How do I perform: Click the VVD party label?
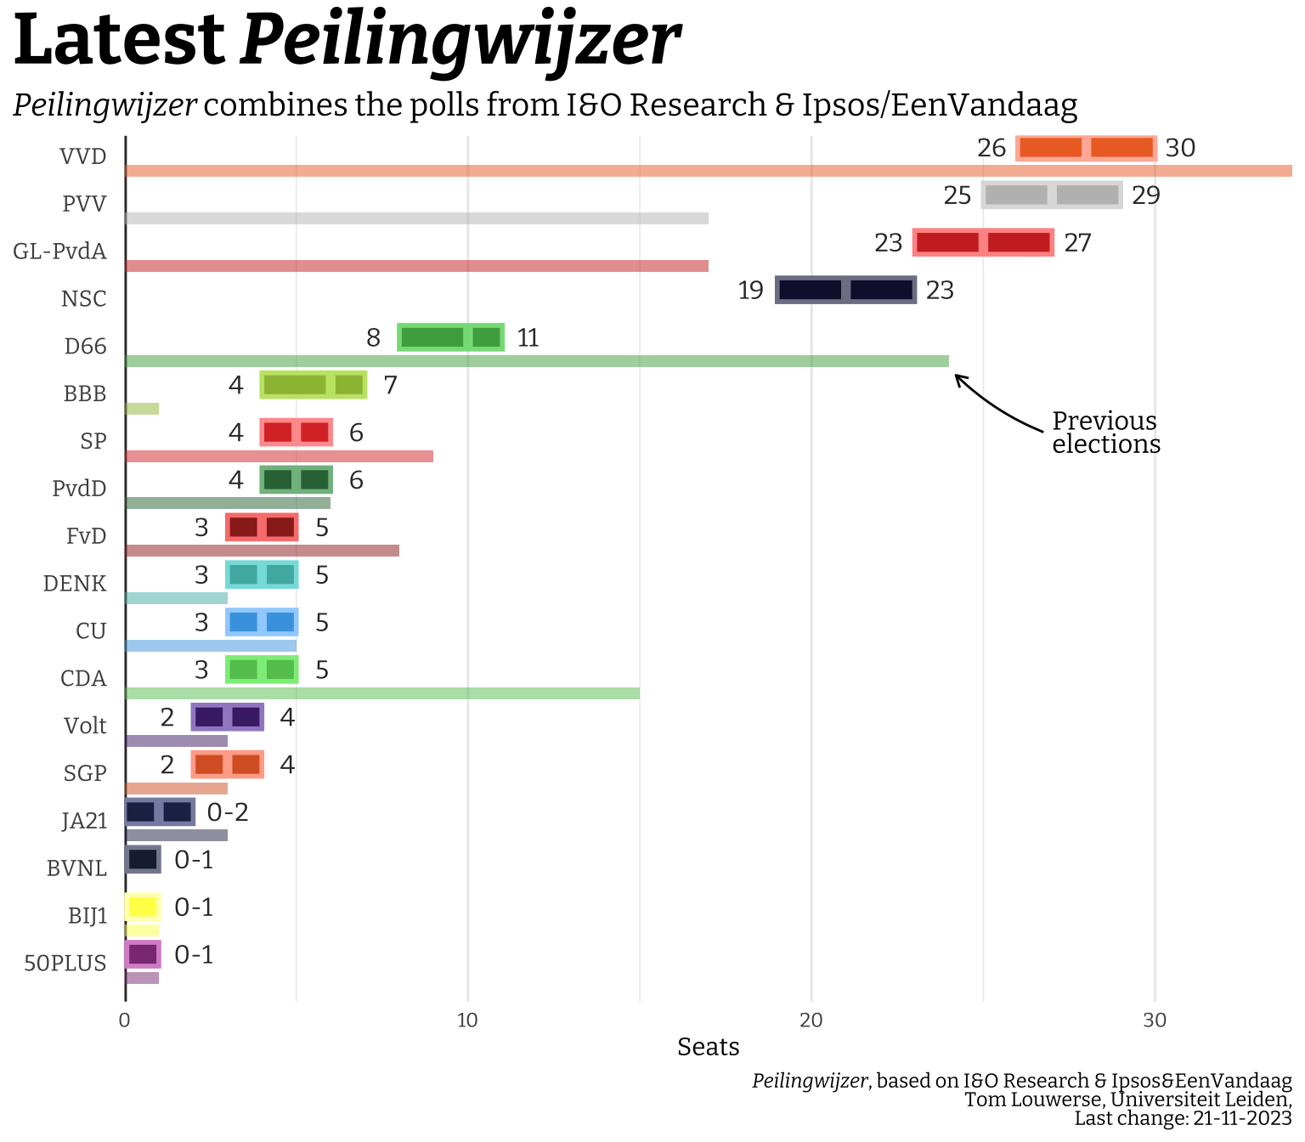tap(83, 157)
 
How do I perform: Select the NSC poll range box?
tap(845, 290)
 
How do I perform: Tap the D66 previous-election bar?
tap(537, 361)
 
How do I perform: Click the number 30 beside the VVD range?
tap(1180, 149)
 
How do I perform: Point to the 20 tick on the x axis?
tap(811, 1020)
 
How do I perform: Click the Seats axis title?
tap(708, 1047)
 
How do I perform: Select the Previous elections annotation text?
tap(1105, 432)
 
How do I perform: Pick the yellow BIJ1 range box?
tap(143, 907)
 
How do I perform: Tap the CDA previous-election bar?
tap(382, 693)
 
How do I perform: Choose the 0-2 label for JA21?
tap(228, 813)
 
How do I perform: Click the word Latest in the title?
tap(119, 41)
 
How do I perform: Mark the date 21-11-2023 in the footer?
tap(1242, 1118)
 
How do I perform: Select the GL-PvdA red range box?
tap(983, 242)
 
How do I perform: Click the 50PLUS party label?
tap(65, 964)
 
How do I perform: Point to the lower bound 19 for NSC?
tap(750, 291)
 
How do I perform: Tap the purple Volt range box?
tap(228, 717)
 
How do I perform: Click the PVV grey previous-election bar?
tap(416, 218)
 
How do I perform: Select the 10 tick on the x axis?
tap(467, 1020)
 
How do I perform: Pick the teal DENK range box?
tap(262, 575)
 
